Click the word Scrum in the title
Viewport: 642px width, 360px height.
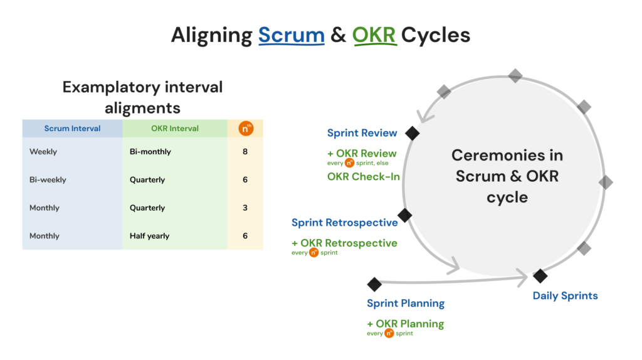coord(291,36)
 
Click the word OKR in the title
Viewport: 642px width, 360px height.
coord(374,36)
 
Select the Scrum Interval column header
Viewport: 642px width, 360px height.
coord(72,129)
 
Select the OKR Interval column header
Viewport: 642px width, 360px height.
coord(175,129)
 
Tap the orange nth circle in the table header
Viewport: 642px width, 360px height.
coord(245,129)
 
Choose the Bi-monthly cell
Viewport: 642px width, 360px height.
coord(150,152)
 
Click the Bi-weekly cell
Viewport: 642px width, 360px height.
coord(48,180)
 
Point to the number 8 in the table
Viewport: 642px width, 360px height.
coord(245,152)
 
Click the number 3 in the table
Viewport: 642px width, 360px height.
coord(245,208)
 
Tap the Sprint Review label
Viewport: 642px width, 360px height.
coord(362,133)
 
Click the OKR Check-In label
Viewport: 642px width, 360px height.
coord(363,177)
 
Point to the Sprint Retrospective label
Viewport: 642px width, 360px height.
coord(344,223)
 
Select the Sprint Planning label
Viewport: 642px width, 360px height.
coord(406,304)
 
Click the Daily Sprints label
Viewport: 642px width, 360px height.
coord(565,296)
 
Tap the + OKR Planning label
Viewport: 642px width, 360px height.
coord(405,324)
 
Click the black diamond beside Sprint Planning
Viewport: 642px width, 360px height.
coord(374,284)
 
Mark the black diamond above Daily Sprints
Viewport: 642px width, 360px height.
coord(540,275)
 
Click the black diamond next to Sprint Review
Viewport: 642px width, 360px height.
coord(412,133)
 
